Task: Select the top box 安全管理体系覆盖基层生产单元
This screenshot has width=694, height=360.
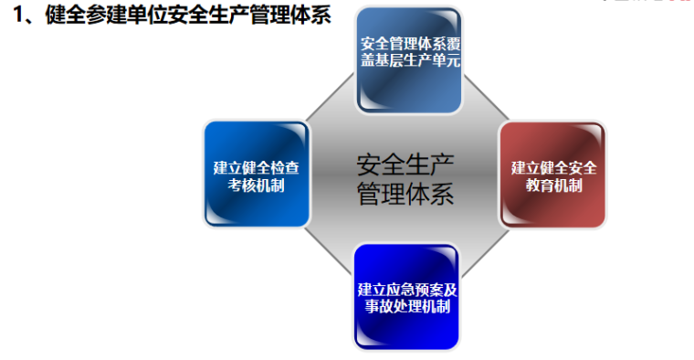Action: click(408, 59)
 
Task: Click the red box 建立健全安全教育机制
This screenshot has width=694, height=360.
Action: click(552, 174)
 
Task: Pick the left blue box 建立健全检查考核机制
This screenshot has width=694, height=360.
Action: click(257, 174)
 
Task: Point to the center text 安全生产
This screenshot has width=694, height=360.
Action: click(405, 164)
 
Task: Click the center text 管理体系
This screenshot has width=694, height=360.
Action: click(405, 194)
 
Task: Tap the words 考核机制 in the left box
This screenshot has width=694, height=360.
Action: click(257, 185)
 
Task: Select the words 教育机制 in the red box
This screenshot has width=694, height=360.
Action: click(553, 185)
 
